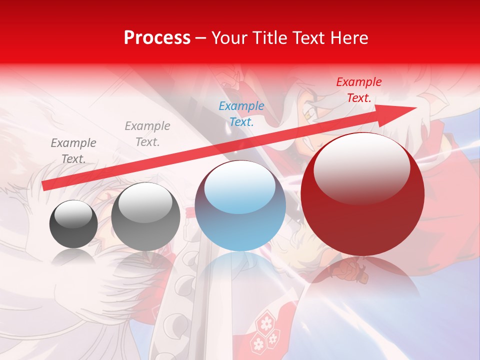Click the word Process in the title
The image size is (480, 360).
(157, 38)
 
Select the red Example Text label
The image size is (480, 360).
(358, 90)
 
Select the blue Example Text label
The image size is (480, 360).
(241, 113)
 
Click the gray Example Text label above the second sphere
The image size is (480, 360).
(147, 134)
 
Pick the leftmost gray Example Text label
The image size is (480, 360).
(73, 151)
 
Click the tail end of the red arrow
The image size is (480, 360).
(46, 186)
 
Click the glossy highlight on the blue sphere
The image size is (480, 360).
(240, 190)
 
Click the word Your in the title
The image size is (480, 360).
(228, 38)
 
